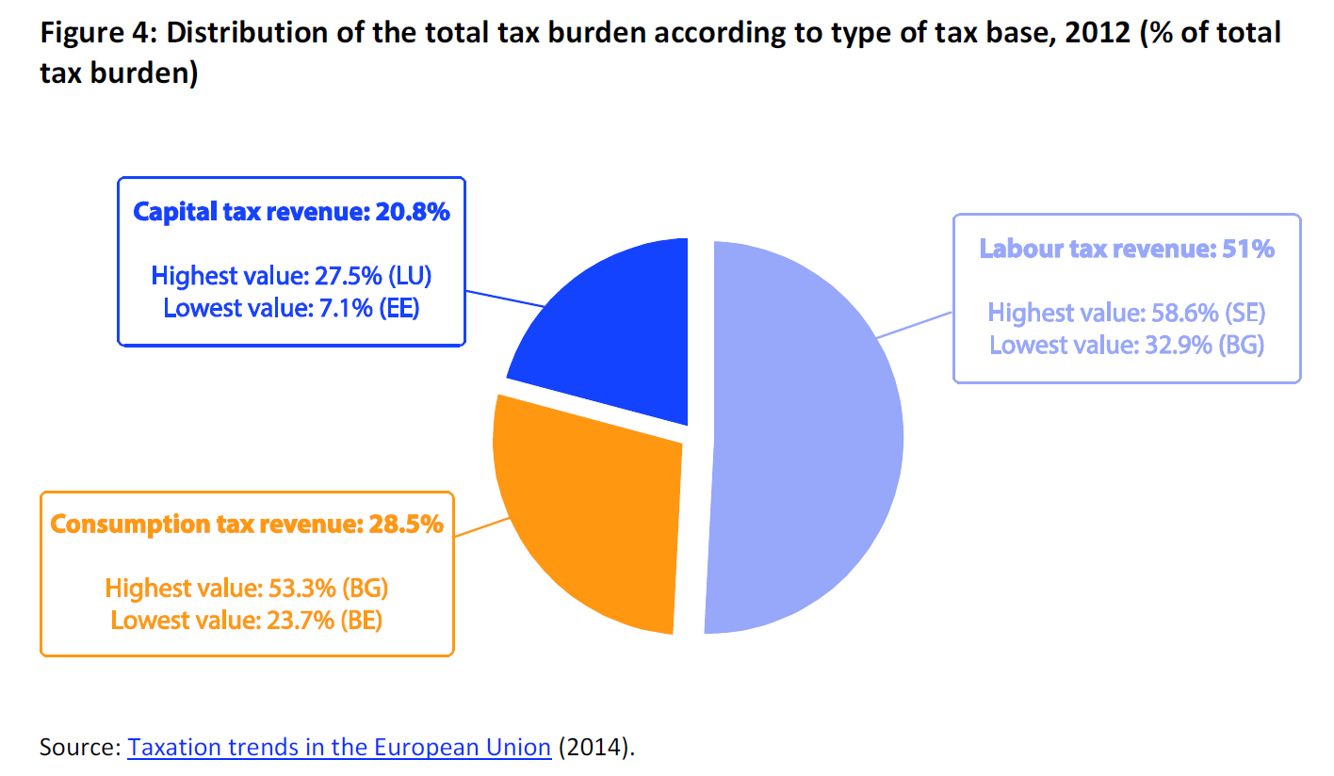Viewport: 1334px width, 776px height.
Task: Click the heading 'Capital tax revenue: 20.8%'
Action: click(x=291, y=212)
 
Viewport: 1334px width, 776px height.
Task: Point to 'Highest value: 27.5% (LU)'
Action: click(x=291, y=276)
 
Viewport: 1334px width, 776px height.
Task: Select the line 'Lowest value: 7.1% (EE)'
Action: click(x=291, y=308)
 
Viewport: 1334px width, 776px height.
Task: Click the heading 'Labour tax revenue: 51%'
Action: click(x=1127, y=249)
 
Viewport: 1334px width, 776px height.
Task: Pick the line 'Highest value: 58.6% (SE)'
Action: click(x=1127, y=313)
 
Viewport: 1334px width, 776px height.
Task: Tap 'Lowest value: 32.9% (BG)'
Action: click(x=1127, y=345)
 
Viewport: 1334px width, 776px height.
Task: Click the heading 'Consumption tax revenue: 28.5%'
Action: click(x=247, y=525)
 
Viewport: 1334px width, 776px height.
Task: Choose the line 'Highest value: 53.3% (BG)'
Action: click(x=247, y=589)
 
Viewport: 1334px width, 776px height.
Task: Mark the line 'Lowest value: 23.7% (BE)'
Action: click(x=247, y=621)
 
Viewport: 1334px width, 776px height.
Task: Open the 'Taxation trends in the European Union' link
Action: click(x=339, y=748)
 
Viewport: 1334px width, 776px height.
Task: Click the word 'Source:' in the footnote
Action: click(x=80, y=748)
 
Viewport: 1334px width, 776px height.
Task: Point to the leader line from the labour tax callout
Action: click(x=914, y=323)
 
